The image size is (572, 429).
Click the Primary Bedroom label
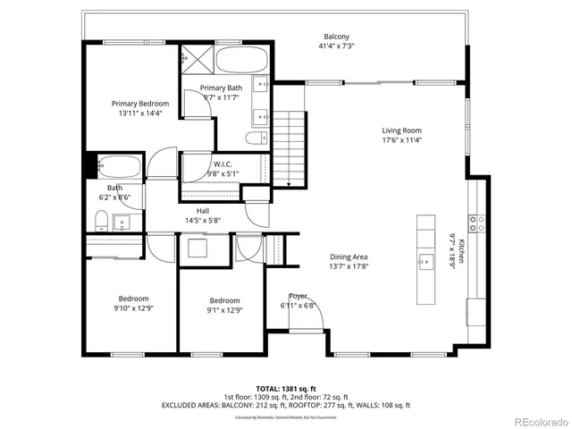[x=139, y=104]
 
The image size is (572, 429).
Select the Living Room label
[x=402, y=130]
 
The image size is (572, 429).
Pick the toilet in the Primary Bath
[x=254, y=139]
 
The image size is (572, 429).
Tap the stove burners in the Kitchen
[x=477, y=223]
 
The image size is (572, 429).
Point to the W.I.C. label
[x=223, y=164]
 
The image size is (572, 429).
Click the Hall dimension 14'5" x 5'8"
[x=203, y=220]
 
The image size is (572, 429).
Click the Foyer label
[x=298, y=296]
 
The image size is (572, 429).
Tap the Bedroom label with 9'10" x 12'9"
[x=133, y=299]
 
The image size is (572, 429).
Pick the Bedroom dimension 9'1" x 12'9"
[x=224, y=310]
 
